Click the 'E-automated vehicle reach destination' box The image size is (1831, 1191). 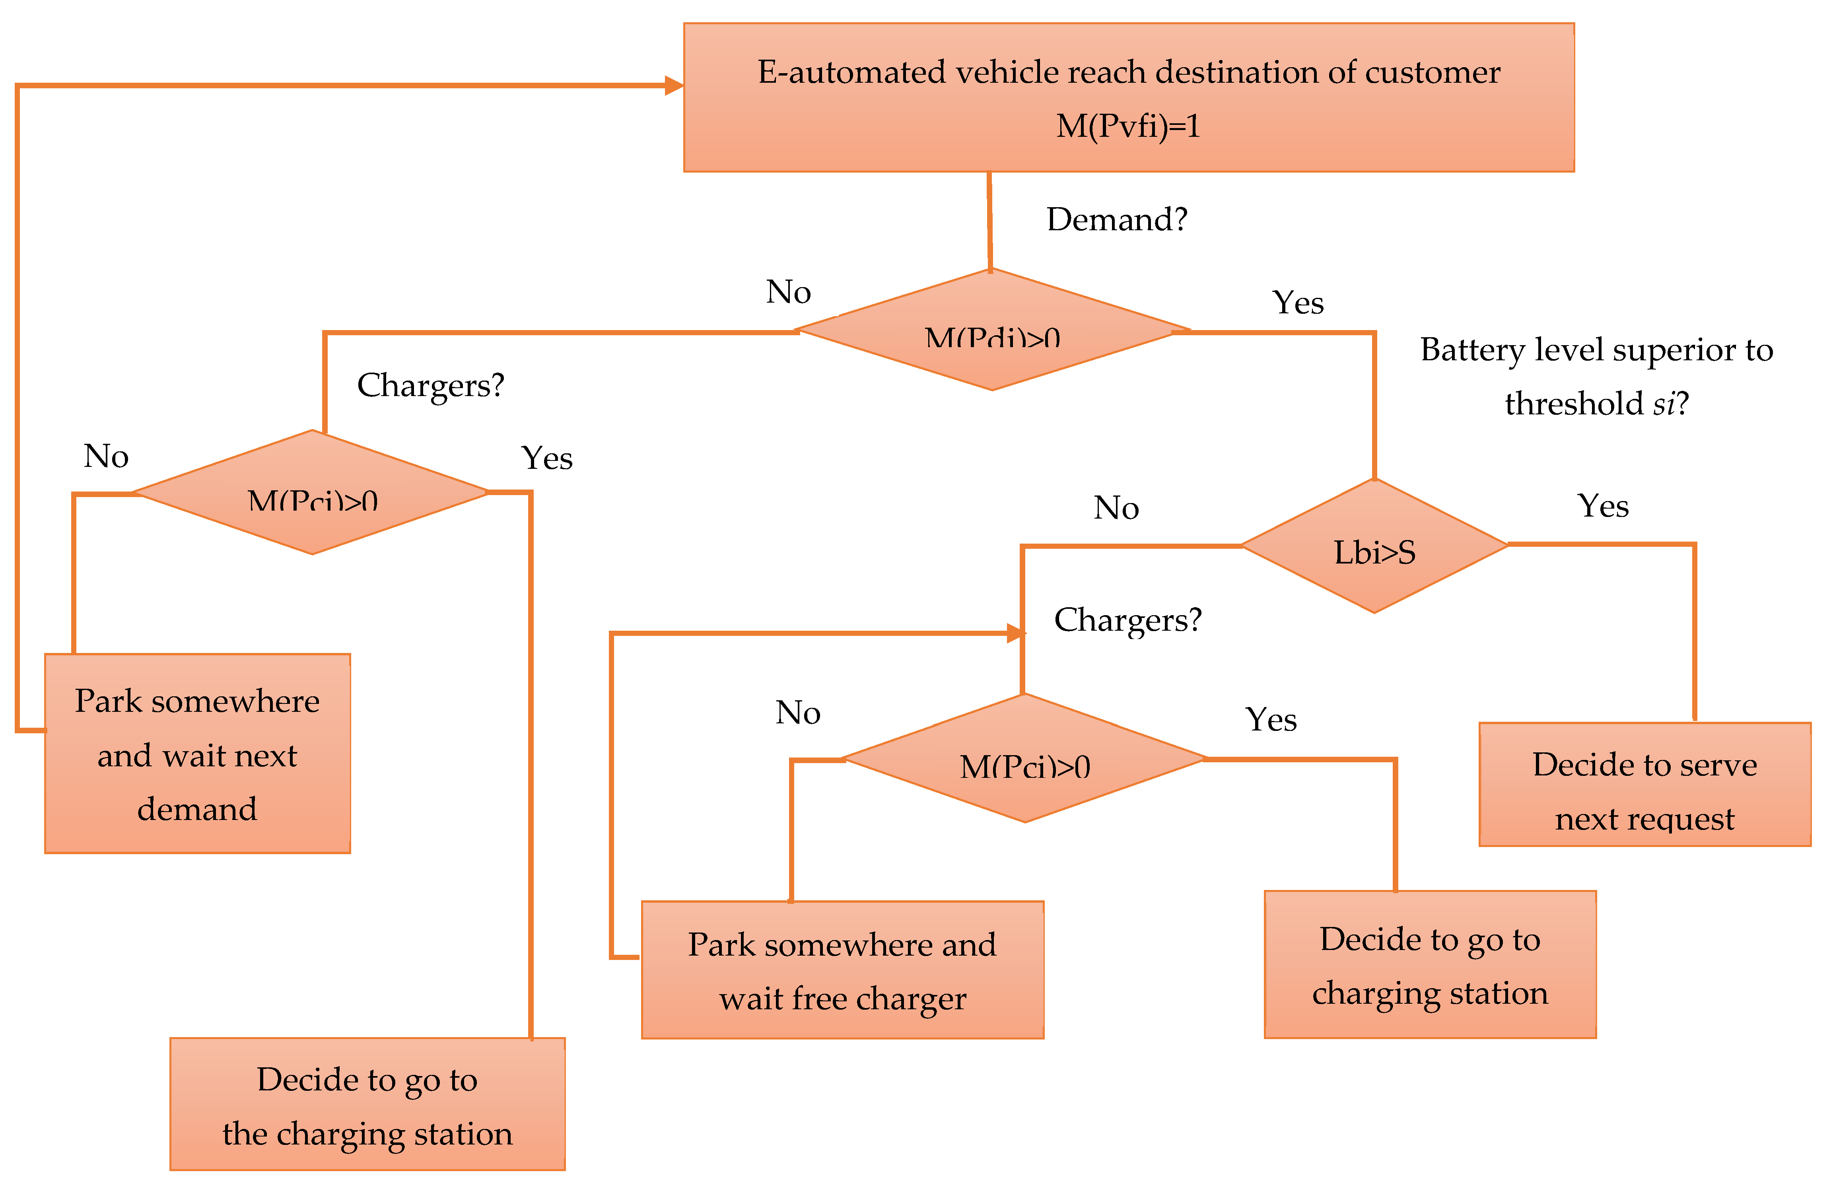(x=1129, y=98)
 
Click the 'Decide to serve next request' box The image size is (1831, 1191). (x=1645, y=784)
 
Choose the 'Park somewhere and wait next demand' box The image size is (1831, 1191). (x=198, y=754)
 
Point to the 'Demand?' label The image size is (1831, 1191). (x=1117, y=220)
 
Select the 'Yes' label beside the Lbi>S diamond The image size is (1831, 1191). (x=1603, y=506)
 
